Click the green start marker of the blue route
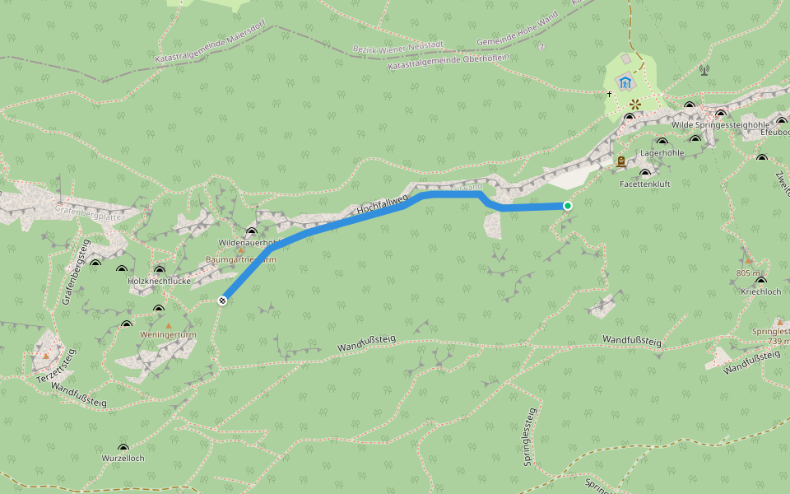pyautogui.click(x=567, y=205)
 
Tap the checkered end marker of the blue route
pyautogui.click(x=222, y=301)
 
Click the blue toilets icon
pyautogui.click(x=625, y=82)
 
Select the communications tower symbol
pyautogui.click(x=704, y=70)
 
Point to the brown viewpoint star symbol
pyautogui.click(x=635, y=105)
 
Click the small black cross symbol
pyautogui.click(x=610, y=94)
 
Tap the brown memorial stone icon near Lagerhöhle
pyautogui.click(x=620, y=161)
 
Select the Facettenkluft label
pyautogui.click(x=644, y=184)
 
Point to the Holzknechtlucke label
pyautogui.click(x=160, y=281)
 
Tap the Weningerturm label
pyautogui.click(x=168, y=335)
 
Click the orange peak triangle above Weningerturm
pyautogui.click(x=169, y=325)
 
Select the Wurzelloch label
pyautogui.click(x=123, y=458)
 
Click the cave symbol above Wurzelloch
pyautogui.click(x=123, y=448)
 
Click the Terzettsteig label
pyautogui.click(x=56, y=366)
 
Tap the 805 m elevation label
pyautogui.click(x=749, y=273)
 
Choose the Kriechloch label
pyautogui.click(x=760, y=292)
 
